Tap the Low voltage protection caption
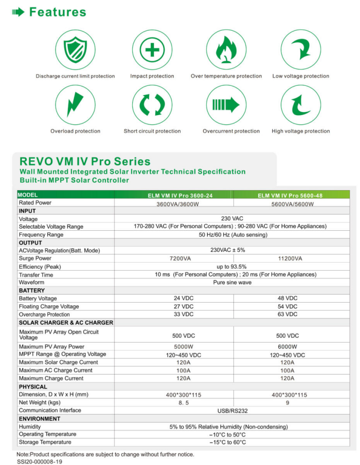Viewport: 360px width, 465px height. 301,76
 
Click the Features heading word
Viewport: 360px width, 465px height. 58,12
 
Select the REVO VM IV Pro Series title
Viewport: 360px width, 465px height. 85,162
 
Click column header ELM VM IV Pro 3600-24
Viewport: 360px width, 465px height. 174,195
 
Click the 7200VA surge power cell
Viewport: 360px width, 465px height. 174,258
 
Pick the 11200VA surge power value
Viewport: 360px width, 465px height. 292,258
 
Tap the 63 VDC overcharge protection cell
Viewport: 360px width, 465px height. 292,314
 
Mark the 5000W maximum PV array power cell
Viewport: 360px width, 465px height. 174,346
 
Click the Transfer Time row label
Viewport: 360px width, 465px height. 36,274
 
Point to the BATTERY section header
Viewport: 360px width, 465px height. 32,290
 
